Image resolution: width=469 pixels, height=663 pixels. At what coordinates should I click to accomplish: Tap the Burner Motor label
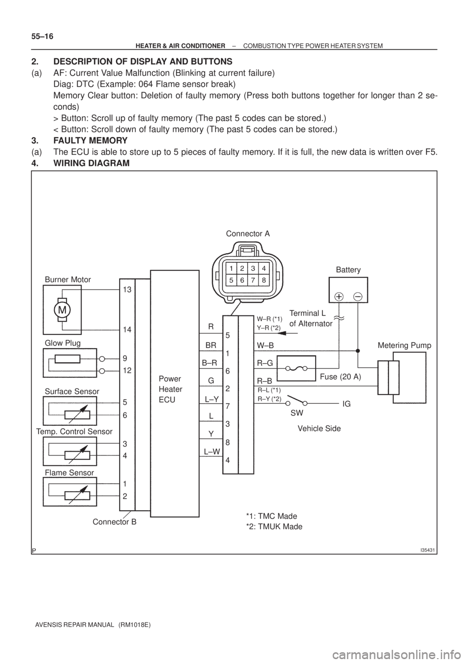pos(68,280)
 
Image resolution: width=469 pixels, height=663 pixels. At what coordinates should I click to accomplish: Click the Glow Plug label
pos(62,343)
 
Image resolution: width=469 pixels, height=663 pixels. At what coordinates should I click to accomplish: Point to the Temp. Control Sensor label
pos(74,432)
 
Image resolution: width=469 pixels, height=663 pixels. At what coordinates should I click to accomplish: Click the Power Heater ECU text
pos(171,389)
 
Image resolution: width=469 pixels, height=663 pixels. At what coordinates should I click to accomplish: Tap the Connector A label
pos(248,233)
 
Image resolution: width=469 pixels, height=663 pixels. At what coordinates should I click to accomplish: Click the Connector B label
pos(114,521)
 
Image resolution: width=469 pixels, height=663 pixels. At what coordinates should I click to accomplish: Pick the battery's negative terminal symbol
pos(358,296)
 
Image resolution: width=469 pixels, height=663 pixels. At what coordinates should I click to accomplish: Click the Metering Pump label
pos(405,346)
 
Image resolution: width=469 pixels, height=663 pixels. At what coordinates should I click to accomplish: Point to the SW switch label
pos(297,413)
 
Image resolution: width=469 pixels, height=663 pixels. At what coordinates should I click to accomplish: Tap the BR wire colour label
pos(211,344)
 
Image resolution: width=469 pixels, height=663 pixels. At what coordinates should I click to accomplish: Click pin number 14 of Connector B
pos(127,330)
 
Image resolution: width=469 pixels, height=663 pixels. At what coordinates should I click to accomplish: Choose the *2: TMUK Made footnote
pos(273,526)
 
